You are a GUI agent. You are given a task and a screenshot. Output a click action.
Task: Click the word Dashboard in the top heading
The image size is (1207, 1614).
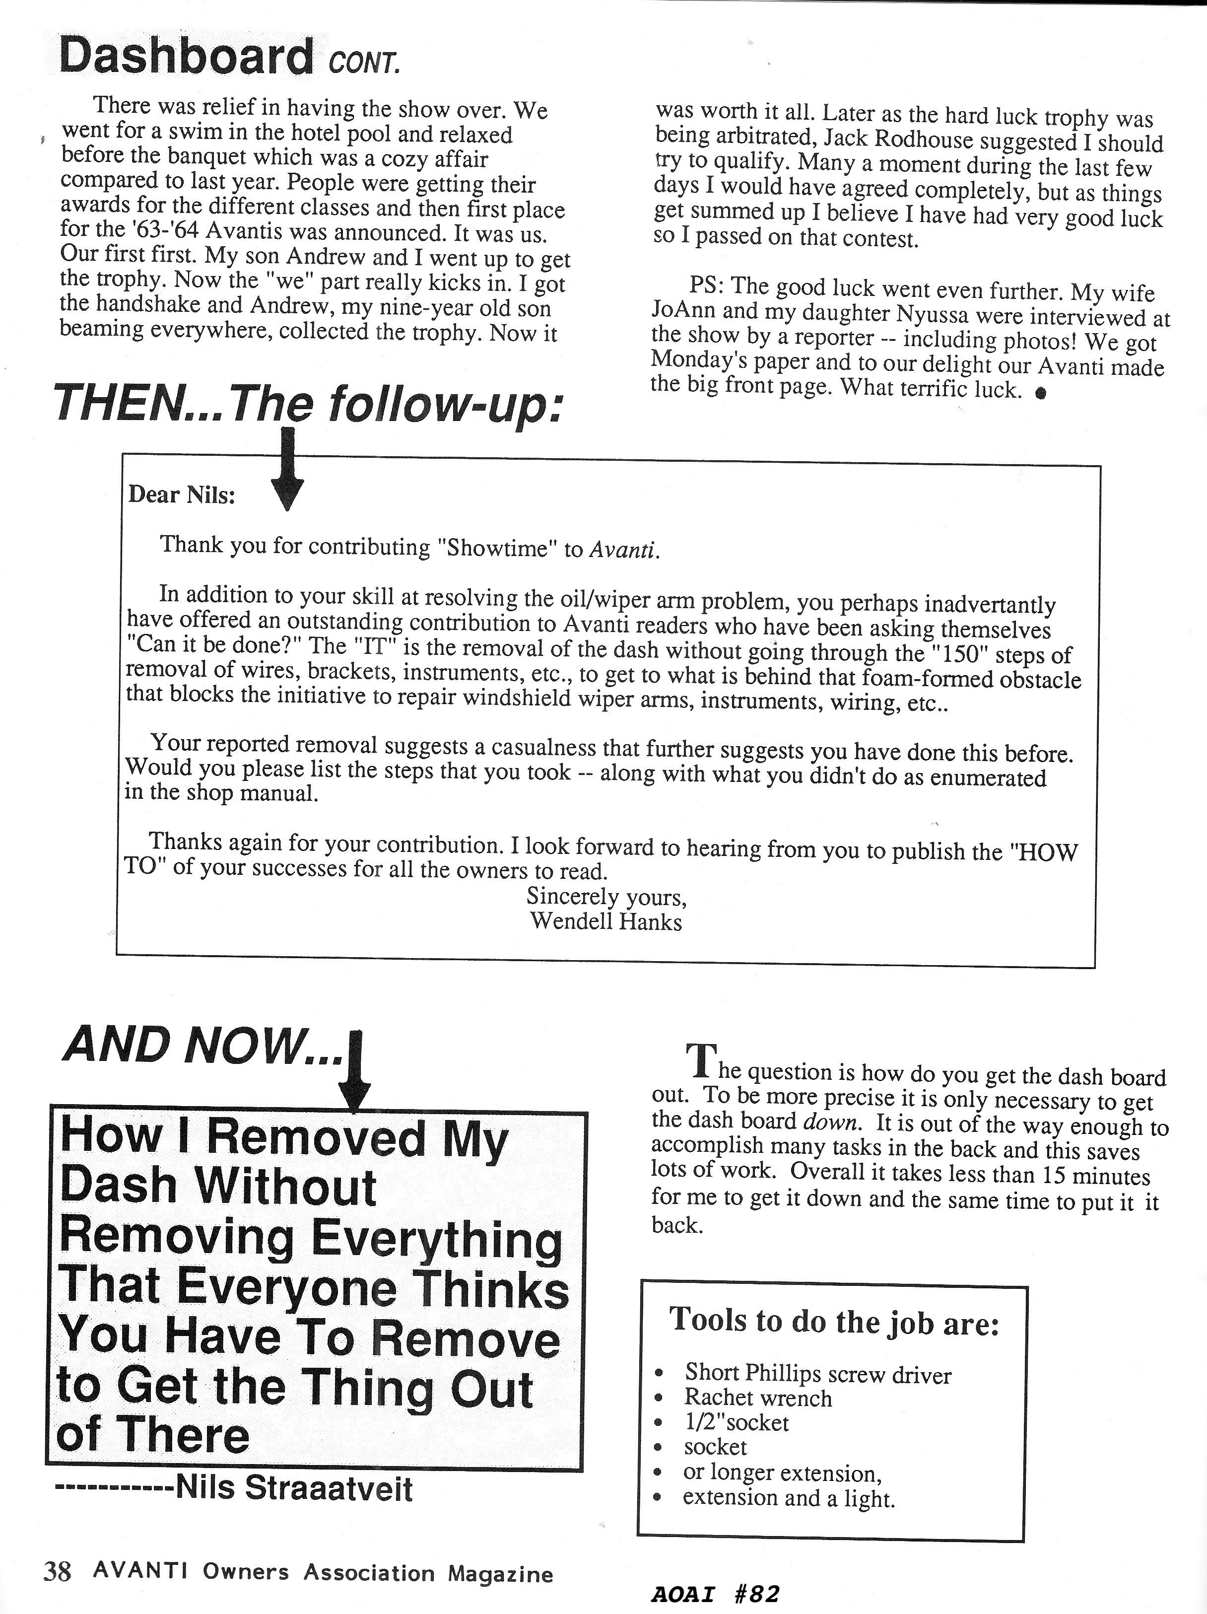(x=186, y=56)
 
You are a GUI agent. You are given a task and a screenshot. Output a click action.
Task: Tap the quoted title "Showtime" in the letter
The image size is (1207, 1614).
(x=498, y=549)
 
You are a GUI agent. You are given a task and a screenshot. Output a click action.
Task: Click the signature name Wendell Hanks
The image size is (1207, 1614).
(x=606, y=921)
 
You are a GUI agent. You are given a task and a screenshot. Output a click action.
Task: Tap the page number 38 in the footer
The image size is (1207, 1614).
(x=58, y=1569)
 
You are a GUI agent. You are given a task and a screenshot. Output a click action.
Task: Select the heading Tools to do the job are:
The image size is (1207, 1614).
(x=834, y=1321)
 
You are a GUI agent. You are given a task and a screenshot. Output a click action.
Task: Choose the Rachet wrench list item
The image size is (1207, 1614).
(x=758, y=1399)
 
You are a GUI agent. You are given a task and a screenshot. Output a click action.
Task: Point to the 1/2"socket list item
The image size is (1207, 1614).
(x=736, y=1423)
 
